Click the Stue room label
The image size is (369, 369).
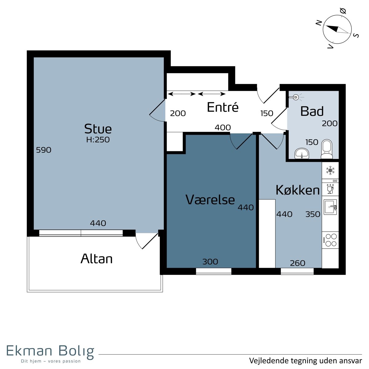click(98, 129)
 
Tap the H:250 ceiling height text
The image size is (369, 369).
click(98, 140)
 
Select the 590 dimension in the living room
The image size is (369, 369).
click(44, 150)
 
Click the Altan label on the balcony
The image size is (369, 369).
click(97, 259)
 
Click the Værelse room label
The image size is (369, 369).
click(210, 200)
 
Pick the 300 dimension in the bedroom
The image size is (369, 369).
click(210, 262)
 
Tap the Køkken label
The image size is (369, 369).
click(298, 190)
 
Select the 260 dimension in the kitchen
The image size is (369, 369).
click(298, 263)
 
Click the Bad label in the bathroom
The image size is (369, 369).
click(312, 111)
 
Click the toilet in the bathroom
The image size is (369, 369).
click(327, 149)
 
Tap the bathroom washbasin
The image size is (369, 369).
click(302, 153)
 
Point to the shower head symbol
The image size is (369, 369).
click(296, 97)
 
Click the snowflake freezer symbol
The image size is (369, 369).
click(330, 170)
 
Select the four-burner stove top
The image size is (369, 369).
click(330, 240)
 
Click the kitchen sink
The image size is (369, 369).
click(330, 207)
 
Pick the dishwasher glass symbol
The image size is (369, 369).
click(330, 189)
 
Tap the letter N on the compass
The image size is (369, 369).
click(319, 23)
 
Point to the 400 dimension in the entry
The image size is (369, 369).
click(223, 128)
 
